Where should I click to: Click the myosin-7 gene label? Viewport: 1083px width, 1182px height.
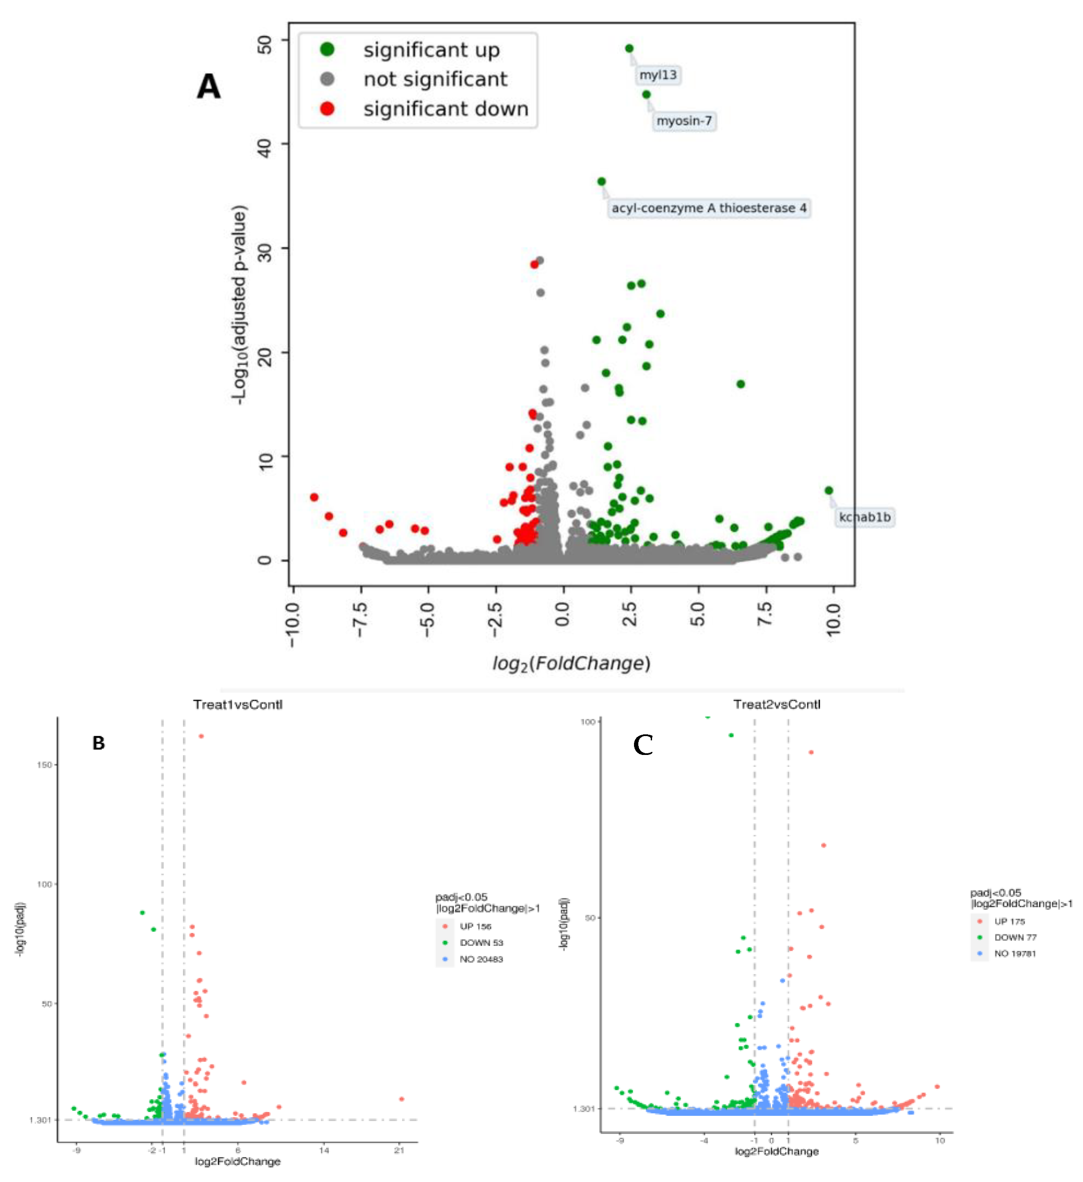point(684,121)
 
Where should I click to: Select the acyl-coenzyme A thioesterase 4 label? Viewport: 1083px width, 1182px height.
point(708,208)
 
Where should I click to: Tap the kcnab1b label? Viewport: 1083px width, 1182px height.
point(864,517)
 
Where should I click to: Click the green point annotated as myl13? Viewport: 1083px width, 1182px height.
point(629,48)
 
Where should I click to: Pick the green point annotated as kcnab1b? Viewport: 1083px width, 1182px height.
point(828,491)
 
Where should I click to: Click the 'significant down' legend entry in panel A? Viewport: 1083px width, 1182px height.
point(446,109)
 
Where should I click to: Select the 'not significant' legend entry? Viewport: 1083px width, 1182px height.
point(435,79)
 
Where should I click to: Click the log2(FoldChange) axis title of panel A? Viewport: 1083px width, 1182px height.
point(571,664)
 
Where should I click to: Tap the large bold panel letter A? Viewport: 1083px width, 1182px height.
point(209,87)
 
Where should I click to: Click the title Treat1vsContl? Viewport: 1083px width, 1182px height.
point(237,705)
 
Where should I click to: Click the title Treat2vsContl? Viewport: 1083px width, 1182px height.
point(777,705)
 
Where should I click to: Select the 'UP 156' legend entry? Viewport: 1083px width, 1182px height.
point(475,926)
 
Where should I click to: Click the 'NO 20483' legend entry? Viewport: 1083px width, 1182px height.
point(481,959)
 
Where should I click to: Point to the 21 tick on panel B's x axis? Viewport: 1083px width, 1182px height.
point(399,1150)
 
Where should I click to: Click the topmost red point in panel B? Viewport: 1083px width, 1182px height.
point(201,736)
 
